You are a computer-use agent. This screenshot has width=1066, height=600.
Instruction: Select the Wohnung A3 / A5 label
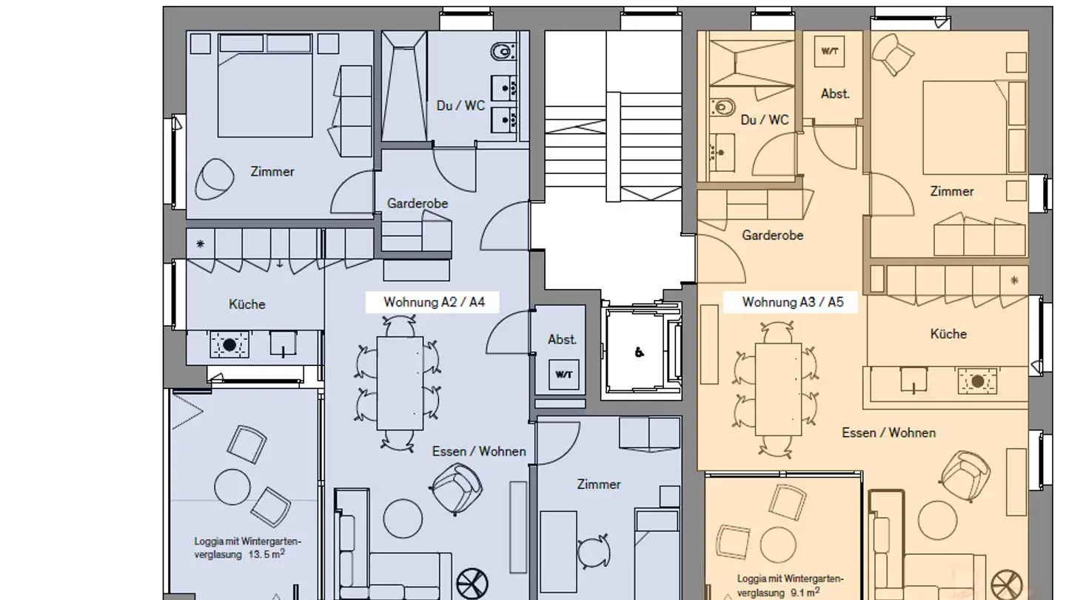point(793,302)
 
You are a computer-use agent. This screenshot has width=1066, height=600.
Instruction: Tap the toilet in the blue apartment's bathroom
point(503,52)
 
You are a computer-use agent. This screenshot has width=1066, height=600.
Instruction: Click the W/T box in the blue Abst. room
point(564,374)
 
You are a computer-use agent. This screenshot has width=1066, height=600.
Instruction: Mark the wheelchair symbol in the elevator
point(639,353)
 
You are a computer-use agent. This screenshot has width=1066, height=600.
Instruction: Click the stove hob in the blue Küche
point(229,344)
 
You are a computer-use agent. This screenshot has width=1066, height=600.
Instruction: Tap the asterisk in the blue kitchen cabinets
point(200,243)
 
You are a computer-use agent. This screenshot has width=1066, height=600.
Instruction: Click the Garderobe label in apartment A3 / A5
point(772,236)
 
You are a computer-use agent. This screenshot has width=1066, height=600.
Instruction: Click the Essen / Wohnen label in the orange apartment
point(888,433)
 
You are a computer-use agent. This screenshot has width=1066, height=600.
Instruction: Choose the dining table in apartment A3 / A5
point(778,389)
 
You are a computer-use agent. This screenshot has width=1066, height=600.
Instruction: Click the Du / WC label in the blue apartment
point(460,106)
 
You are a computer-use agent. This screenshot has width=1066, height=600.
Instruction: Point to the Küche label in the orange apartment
point(948,334)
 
